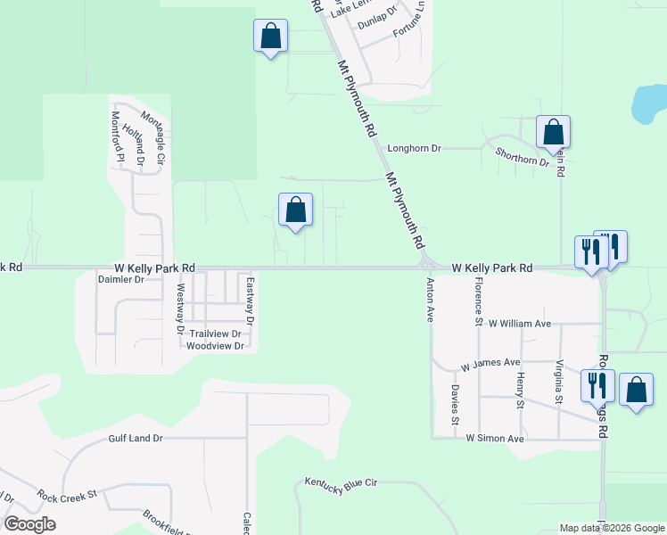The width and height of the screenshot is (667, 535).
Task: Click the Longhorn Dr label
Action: tap(414, 149)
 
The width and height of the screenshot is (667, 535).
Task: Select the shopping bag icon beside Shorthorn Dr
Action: tap(554, 133)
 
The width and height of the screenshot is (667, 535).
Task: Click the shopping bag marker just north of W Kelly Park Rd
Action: tap(296, 210)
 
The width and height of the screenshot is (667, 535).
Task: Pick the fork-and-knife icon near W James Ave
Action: tap(597, 384)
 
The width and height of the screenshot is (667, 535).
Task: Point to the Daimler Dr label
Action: tap(120, 279)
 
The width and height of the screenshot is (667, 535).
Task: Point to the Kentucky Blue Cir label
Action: tap(342, 482)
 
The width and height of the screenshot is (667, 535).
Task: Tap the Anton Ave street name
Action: tap(431, 300)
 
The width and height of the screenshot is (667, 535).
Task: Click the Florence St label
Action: tap(479, 300)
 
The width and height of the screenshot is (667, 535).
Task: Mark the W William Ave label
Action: tap(520, 324)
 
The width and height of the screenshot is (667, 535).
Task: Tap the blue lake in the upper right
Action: tap(648, 104)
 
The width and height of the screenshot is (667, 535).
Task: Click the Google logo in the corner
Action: tap(29, 524)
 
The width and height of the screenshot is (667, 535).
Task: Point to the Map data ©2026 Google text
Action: tap(612, 528)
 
